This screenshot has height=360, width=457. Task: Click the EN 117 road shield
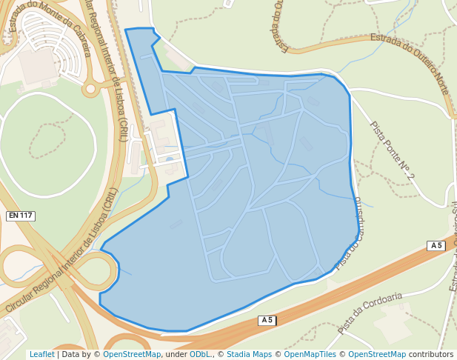click(x=21, y=216)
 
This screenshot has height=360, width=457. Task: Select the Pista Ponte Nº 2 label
click(x=392, y=150)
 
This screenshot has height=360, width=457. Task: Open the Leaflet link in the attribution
click(x=41, y=355)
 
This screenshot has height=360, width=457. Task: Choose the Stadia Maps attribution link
click(x=249, y=355)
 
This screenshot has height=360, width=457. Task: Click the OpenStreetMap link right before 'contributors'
click(x=377, y=355)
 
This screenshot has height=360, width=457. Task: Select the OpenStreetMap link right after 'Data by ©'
click(x=132, y=355)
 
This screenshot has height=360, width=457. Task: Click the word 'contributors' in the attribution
click(x=430, y=355)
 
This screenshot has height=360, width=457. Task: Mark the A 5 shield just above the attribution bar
click(x=267, y=320)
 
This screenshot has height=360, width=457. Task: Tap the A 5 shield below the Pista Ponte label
click(x=436, y=246)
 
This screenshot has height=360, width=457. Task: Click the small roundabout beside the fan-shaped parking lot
click(x=91, y=89)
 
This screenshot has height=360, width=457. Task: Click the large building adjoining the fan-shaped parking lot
click(x=37, y=65)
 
